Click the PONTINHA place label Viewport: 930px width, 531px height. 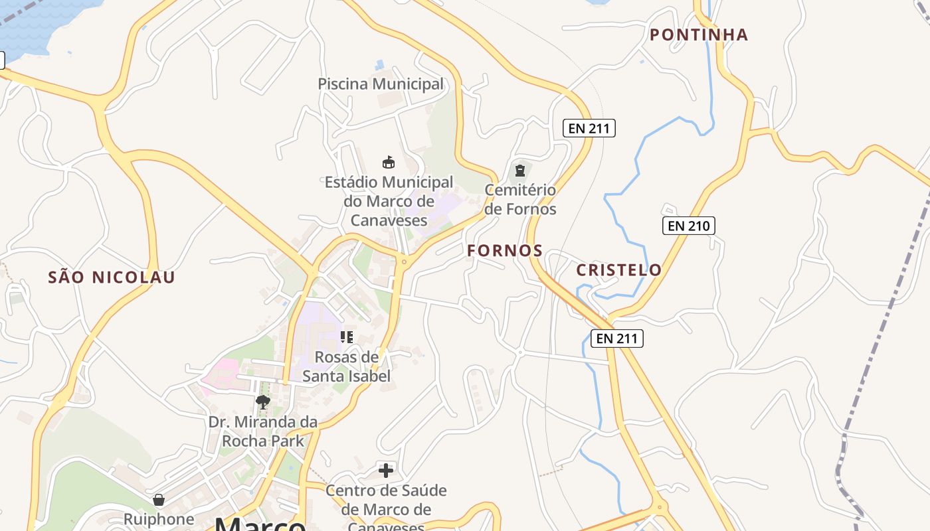[699, 35]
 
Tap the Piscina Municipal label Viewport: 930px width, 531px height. [381, 84]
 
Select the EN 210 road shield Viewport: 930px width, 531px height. [689, 226]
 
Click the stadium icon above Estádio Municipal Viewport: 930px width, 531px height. [389, 162]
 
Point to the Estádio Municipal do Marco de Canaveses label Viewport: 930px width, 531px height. [389, 200]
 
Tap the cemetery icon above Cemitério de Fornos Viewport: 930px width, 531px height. [519, 171]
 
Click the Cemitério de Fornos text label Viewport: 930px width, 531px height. [520, 199]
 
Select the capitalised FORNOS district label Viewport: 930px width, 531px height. [505, 251]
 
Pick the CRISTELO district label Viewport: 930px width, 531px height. [618, 269]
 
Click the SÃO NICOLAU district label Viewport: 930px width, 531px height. [112, 277]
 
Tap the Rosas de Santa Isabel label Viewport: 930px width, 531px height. [346, 366]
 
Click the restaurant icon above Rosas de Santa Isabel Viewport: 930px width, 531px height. [346, 337]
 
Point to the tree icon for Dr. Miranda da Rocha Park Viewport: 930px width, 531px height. [263, 402]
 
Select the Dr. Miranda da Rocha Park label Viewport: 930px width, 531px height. [263, 431]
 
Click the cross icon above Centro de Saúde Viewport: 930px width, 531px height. [386, 471]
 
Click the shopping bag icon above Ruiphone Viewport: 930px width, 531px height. [159, 499]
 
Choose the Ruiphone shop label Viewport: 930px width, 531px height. [159, 519]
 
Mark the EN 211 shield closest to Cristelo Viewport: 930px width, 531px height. [617, 339]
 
